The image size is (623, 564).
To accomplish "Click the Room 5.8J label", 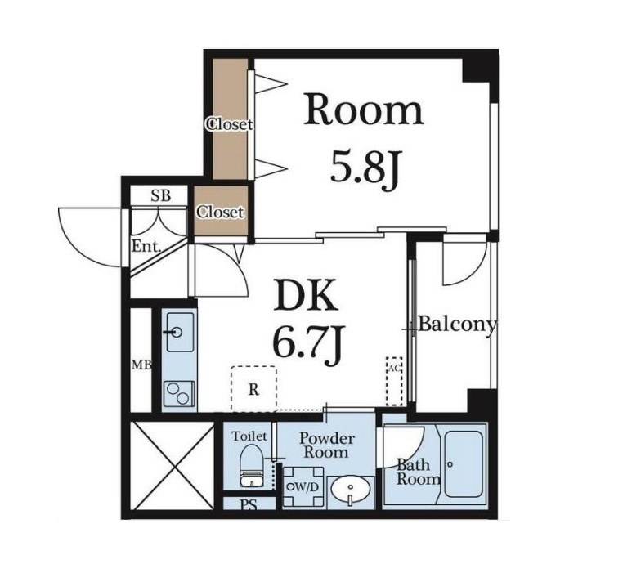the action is [364, 138].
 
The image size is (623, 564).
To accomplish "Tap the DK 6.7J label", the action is [307, 323].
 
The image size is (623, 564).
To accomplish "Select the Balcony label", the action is [458, 325].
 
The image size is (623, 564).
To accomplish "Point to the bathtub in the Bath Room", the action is [464, 463].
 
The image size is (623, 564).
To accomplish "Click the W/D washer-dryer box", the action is [303, 487].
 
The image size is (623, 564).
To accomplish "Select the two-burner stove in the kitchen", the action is [180, 393].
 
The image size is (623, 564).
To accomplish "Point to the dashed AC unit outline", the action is [394, 381].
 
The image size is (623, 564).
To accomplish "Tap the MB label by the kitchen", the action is [141, 365].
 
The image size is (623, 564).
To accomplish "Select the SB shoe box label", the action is [160, 195].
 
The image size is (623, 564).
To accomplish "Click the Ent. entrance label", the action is [146, 247].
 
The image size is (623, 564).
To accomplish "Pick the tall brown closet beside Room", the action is [230, 119].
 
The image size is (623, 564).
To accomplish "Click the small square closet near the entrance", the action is [221, 211].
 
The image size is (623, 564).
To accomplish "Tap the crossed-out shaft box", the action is [172, 465].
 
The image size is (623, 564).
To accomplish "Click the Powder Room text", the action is [326, 445].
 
